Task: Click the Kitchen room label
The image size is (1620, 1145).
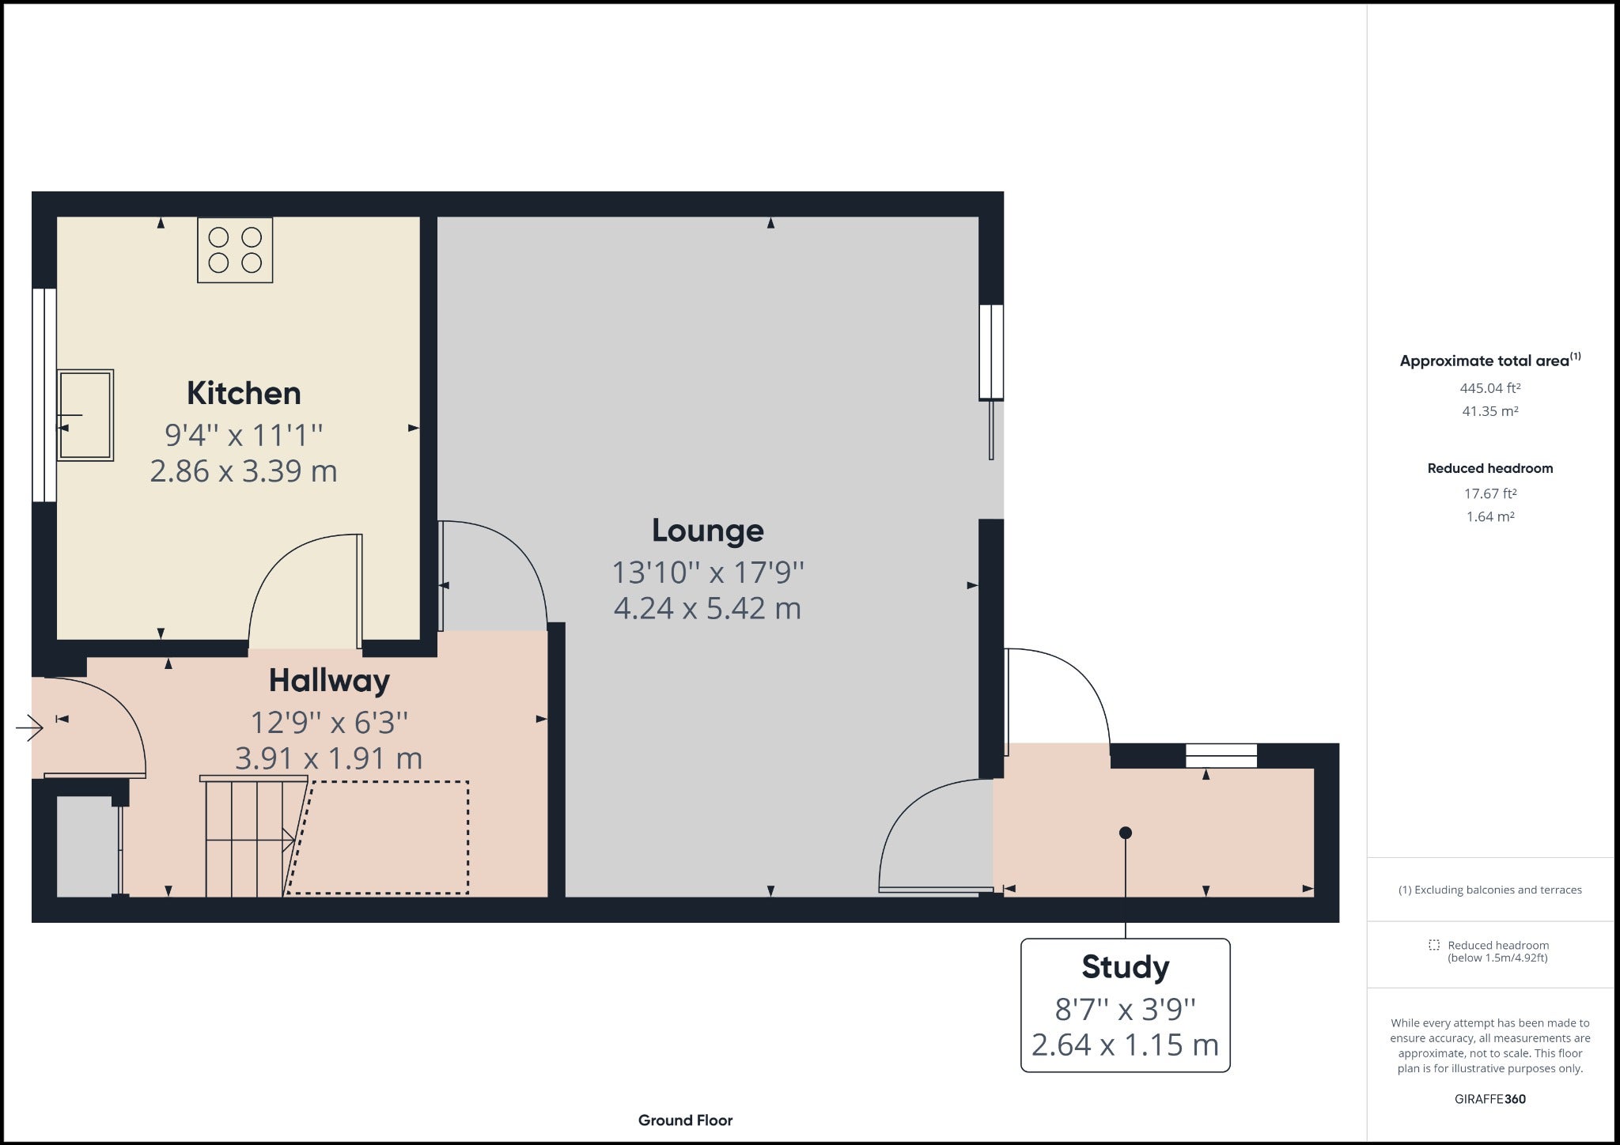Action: click(244, 393)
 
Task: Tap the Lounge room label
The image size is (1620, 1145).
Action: click(708, 531)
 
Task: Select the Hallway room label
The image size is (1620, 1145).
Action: click(329, 680)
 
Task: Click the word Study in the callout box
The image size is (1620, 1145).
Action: click(1125, 967)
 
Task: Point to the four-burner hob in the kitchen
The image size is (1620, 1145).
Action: click(235, 250)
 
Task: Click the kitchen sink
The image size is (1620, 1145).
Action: click(85, 415)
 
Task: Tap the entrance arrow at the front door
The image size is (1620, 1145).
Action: click(29, 727)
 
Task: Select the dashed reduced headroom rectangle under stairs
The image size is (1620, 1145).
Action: click(377, 837)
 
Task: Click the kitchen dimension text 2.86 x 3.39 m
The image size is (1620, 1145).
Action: click(244, 471)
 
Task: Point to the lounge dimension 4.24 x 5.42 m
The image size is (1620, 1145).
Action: click(707, 608)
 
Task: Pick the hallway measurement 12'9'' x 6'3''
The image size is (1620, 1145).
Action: click(329, 722)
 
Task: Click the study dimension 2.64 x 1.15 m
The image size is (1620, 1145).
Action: click(1125, 1045)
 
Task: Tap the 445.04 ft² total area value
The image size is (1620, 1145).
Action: click(1490, 388)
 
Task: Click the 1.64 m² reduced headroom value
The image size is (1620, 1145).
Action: click(1490, 517)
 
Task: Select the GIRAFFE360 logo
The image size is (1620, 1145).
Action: click(1490, 1099)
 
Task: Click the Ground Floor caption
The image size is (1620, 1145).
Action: click(685, 1120)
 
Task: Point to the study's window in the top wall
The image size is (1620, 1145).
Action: click(1221, 756)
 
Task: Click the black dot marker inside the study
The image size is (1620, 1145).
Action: click(1126, 833)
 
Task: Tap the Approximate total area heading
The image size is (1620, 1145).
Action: click(1490, 361)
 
